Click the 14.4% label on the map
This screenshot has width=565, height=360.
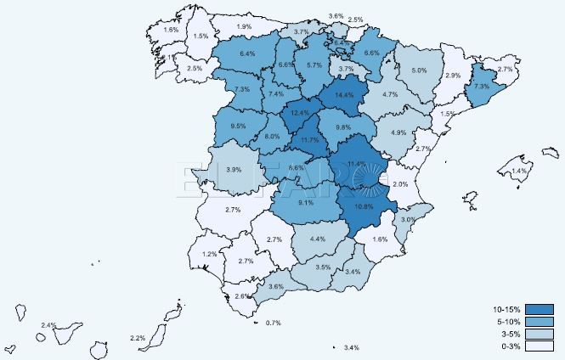(x=344, y=95)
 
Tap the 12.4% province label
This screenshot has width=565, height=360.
(x=299, y=112)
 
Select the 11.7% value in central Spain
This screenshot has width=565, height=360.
(x=309, y=139)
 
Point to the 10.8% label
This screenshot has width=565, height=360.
(x=364, y=206)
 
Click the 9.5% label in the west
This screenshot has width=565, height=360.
(x=239, y=127)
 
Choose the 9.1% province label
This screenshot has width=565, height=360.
(x=307, y=202)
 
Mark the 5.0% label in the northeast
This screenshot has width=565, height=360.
(x=419, y=70)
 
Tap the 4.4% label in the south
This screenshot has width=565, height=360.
(x=318, y=239)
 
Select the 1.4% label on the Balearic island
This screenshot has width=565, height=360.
(x=518, y=172)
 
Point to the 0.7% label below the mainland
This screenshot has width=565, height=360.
(x=274, y=323)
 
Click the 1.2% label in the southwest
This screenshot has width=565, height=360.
(x=209, y=254)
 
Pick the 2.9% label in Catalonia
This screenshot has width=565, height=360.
(x=453, y=76)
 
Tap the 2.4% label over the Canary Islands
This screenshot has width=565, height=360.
(x=48, y=325)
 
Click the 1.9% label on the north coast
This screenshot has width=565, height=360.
(x=244, y=27)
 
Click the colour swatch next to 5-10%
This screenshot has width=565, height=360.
(x=540, y=321)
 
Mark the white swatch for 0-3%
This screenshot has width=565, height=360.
(x=540, y=346)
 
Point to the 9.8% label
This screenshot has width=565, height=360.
(x=343, y=127)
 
